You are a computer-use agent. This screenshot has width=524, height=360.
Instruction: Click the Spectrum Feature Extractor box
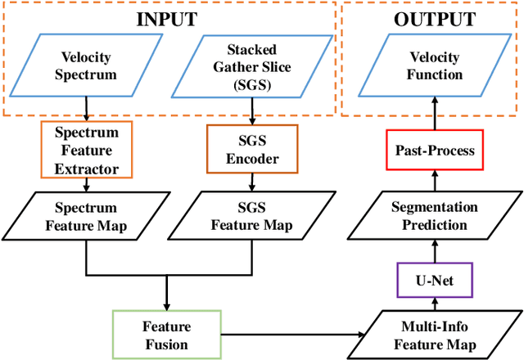[x=87, y=150]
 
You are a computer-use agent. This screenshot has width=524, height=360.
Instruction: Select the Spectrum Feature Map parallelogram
[x=86, y=215]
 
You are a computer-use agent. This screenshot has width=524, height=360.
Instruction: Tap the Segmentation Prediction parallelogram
[x=435, y=216]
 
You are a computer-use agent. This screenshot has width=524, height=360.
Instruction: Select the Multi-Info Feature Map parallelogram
[x=436, y=334]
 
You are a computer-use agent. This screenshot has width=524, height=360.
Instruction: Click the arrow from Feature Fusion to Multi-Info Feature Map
[x=295, y=334]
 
